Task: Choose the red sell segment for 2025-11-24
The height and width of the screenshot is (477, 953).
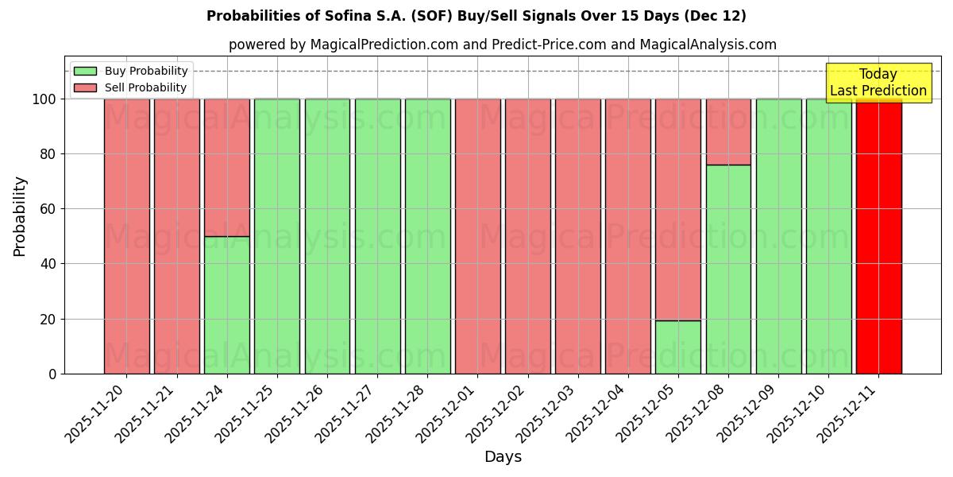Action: tap(227, 168)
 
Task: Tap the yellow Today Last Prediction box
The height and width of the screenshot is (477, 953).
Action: tap(878, 83)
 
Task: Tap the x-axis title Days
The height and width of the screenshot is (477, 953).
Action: tap(503, 457)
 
